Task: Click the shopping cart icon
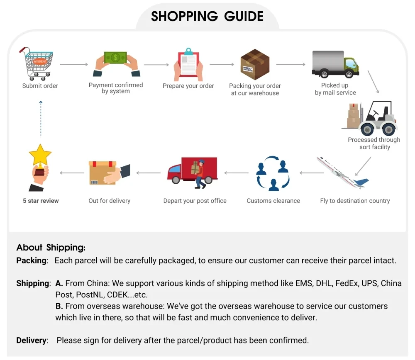pos(37,64)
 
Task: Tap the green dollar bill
pos(115,57)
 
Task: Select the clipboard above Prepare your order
pos(188,64)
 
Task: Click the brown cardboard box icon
pos(255,64)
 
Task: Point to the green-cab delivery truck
pos(335,64)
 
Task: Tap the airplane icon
pos(343,173)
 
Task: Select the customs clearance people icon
pos(273,173)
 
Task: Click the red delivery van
pos(192,172)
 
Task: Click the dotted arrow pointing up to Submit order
pos(41,119)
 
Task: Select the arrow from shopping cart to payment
pos(74,64)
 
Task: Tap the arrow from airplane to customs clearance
pos(312,173)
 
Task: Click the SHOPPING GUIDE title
pos(207,17)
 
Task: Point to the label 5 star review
pos(41,201)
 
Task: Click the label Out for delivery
pos(109,201)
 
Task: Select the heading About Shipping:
pos(51,248)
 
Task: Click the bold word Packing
pos(31,260)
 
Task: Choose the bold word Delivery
pos(31,340)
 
